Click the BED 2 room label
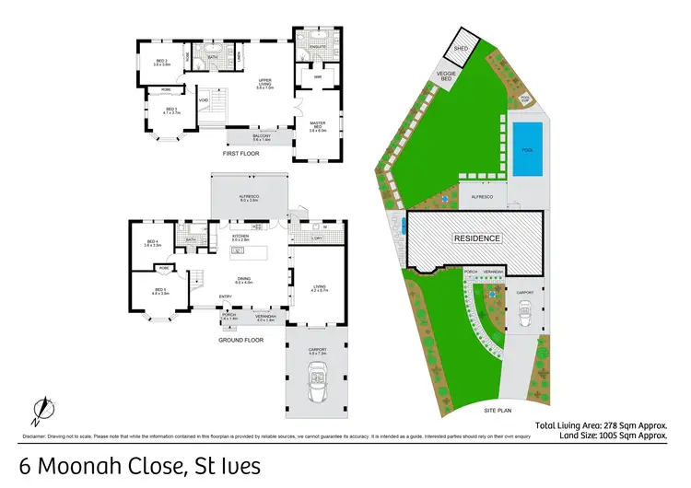(x=162, y=62)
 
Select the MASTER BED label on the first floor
(x=318, y=127)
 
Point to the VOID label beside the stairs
(x=203, y=101)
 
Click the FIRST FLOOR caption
(x=241, y=154)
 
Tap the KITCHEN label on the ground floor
(x=241, y=236)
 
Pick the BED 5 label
(x=159, y=290)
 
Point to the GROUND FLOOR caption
(x=241, y=340)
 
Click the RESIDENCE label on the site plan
(x=476, y=238)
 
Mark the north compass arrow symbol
(x=41, y=405)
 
